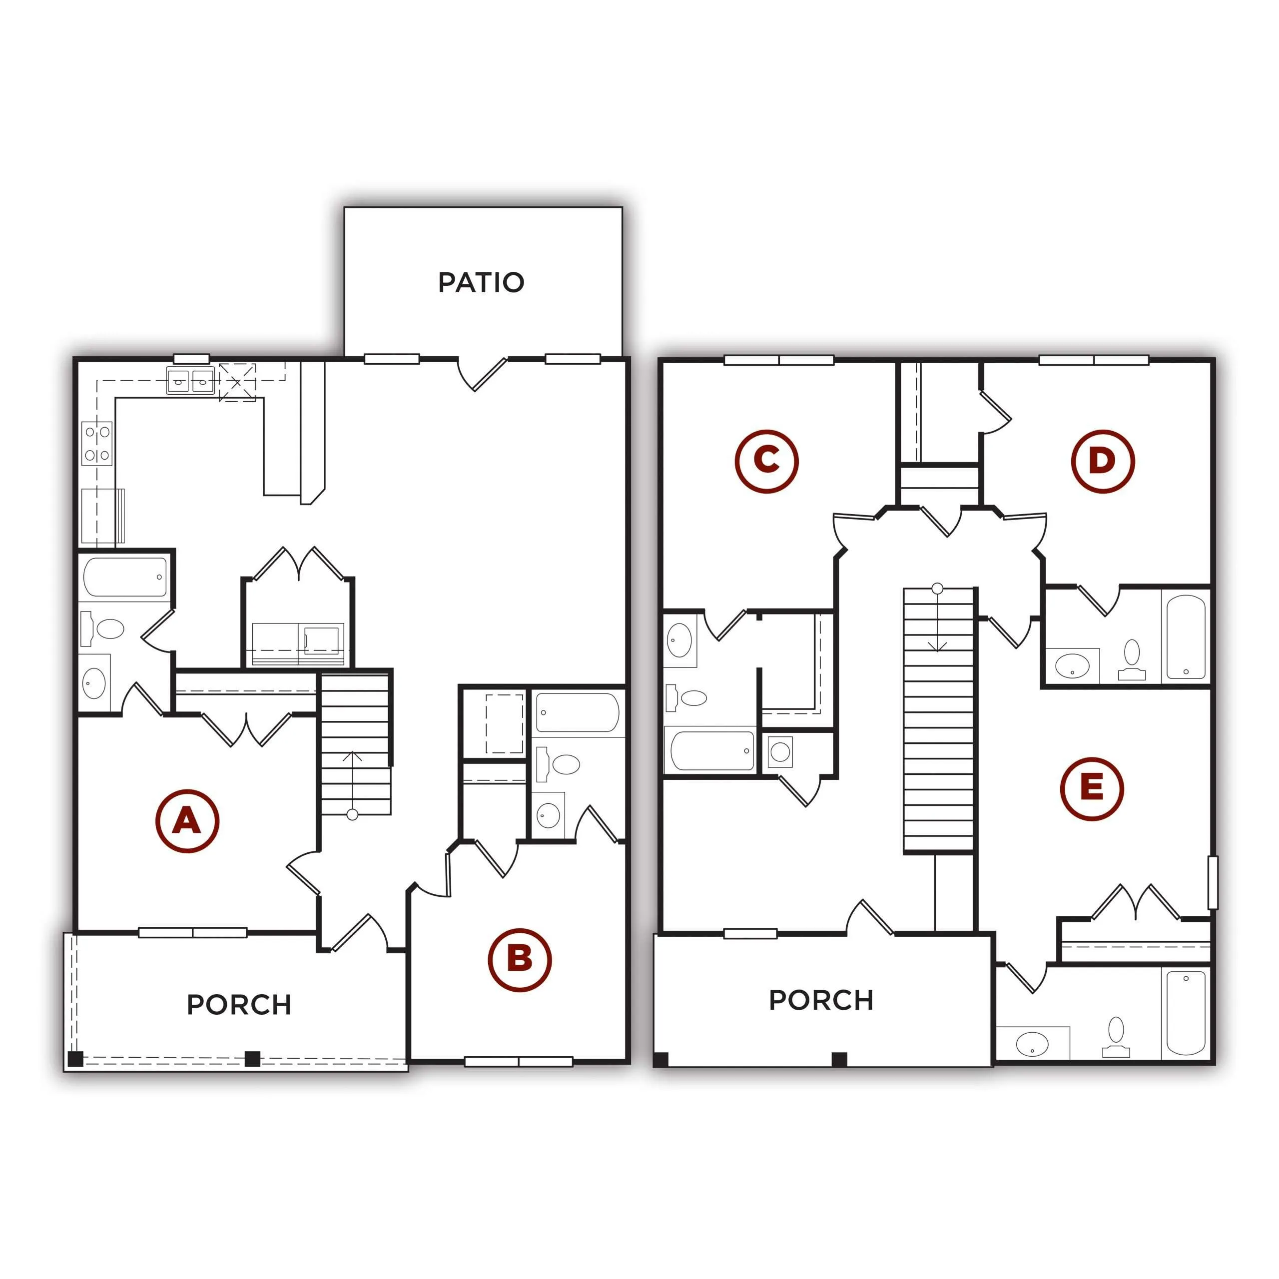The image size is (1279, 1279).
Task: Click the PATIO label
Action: coord(481,283)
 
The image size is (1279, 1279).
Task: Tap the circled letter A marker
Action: coord(187,821)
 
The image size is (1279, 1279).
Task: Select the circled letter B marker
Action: coord(520,960)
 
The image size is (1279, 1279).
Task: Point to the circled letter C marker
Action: coord(766,462)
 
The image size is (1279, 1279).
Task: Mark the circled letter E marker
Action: coord(1092,788)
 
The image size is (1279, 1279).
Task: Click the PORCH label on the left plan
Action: coord(239,1005)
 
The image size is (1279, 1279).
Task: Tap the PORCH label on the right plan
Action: coord(821,1000)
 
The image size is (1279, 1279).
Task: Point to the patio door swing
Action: coord(482,374)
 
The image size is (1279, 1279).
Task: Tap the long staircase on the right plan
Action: coord(939,719)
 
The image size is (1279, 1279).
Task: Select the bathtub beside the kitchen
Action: coord(125,577)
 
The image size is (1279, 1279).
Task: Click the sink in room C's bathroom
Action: coord(680,640)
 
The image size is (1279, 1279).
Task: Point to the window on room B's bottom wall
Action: coord(519,1062)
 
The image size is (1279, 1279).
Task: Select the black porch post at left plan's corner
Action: coord(75,1058)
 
